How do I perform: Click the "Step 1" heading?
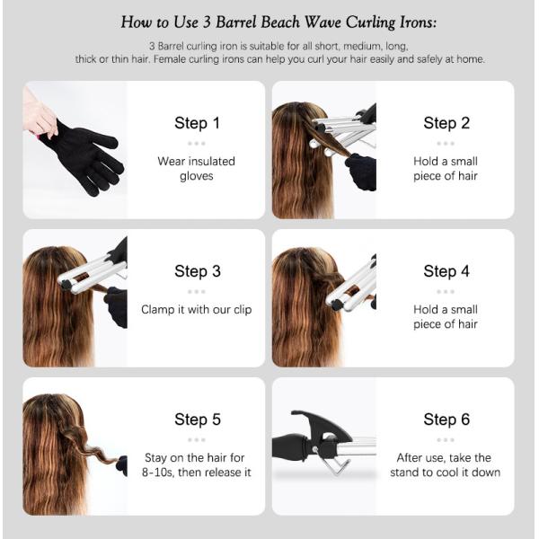[197, 123]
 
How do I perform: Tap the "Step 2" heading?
[446, 123]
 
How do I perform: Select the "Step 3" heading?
[198, 271]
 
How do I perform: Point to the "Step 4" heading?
[446, 271]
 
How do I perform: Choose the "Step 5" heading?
[198, 420]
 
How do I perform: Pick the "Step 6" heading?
[446, 420]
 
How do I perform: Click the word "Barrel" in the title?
[236, 22]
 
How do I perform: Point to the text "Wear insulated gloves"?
[196, 169]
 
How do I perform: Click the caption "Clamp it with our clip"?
[196, 309]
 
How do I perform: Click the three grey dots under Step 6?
[446, 439]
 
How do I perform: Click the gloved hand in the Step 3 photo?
[116, 306]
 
